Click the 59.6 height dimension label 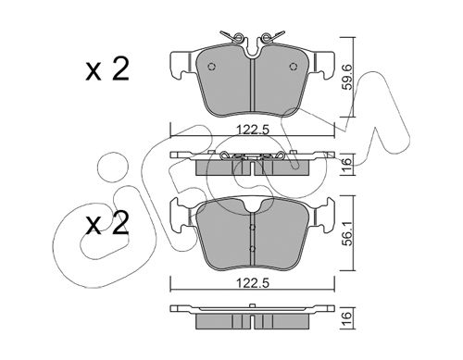348,77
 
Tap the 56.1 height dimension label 348,233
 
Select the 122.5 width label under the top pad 253,130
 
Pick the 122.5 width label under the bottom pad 253,283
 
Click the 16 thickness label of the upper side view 348,164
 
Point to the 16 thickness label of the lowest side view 348,317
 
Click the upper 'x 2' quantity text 107,70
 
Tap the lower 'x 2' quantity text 107,224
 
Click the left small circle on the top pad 212,67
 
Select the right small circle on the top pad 293,67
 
